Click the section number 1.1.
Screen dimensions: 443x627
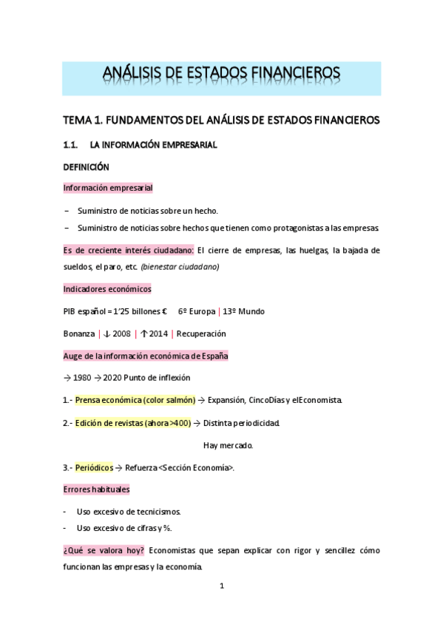click(72, 145)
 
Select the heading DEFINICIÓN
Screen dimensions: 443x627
click(86, 167)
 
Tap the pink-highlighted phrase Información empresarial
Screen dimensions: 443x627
click(108, 188)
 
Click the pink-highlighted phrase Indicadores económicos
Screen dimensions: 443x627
click(106, 289)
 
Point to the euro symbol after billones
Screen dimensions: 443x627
click(163, 311)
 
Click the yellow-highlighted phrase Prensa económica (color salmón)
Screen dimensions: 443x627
click(135, 400)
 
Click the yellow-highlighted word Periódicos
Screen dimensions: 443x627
click(94, 467)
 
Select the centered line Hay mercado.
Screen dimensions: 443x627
click(228, 445)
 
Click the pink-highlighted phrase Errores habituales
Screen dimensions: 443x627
click(96, 489)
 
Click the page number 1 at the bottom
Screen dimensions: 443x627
click(221, 586)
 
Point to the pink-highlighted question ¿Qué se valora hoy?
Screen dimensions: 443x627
click(104, 551)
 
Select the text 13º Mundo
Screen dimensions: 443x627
click(243, 311)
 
